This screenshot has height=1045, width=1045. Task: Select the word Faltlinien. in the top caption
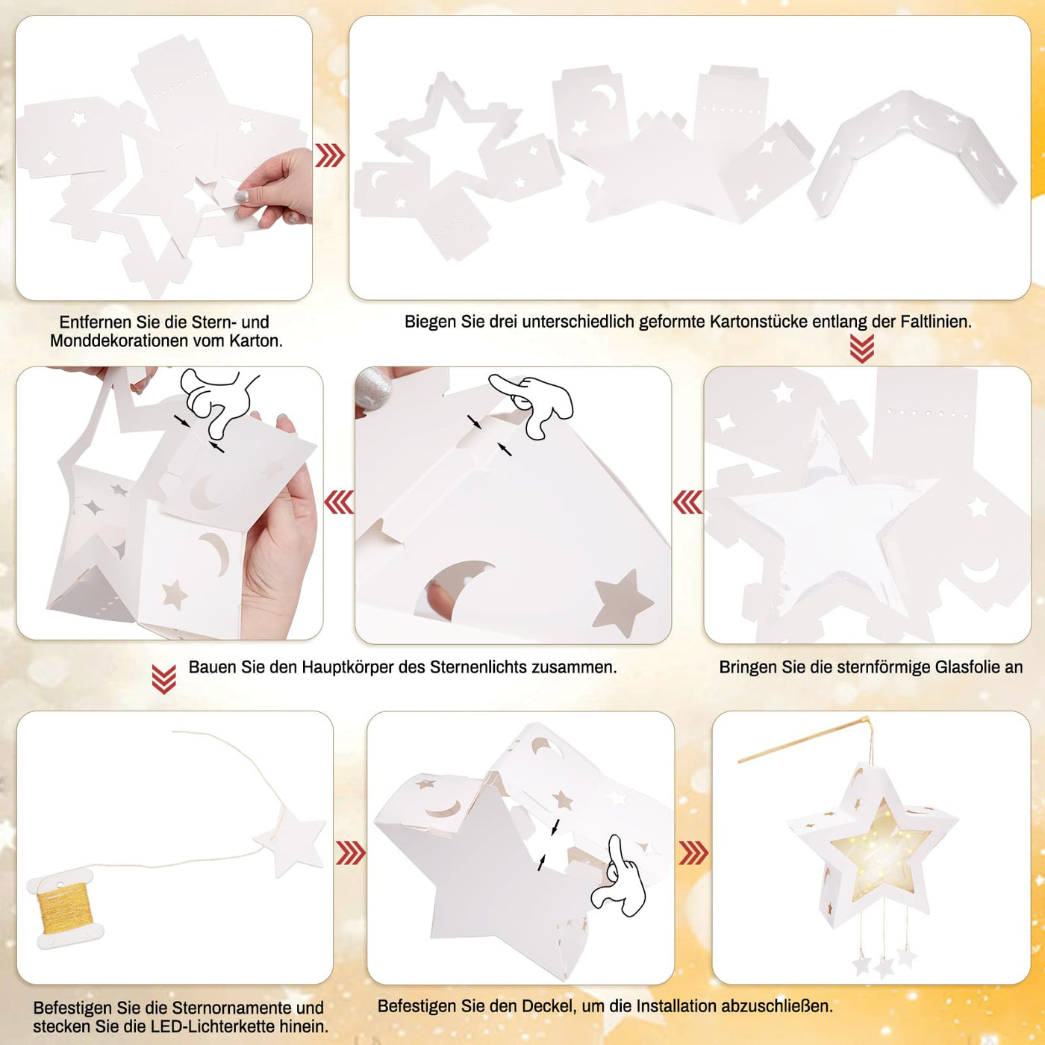[x=936, y=322]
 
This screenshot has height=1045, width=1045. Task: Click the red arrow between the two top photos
[x=330, y=156]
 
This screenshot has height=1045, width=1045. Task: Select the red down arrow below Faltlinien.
[x=862, y=349]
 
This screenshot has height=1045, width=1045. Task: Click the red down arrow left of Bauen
[x=163, y=679]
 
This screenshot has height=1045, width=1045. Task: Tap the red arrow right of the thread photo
[x=350, y=852]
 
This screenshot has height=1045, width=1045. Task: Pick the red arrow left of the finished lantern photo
[x=693, y=852]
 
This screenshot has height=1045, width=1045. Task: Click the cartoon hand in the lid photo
[x=620, y=881]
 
